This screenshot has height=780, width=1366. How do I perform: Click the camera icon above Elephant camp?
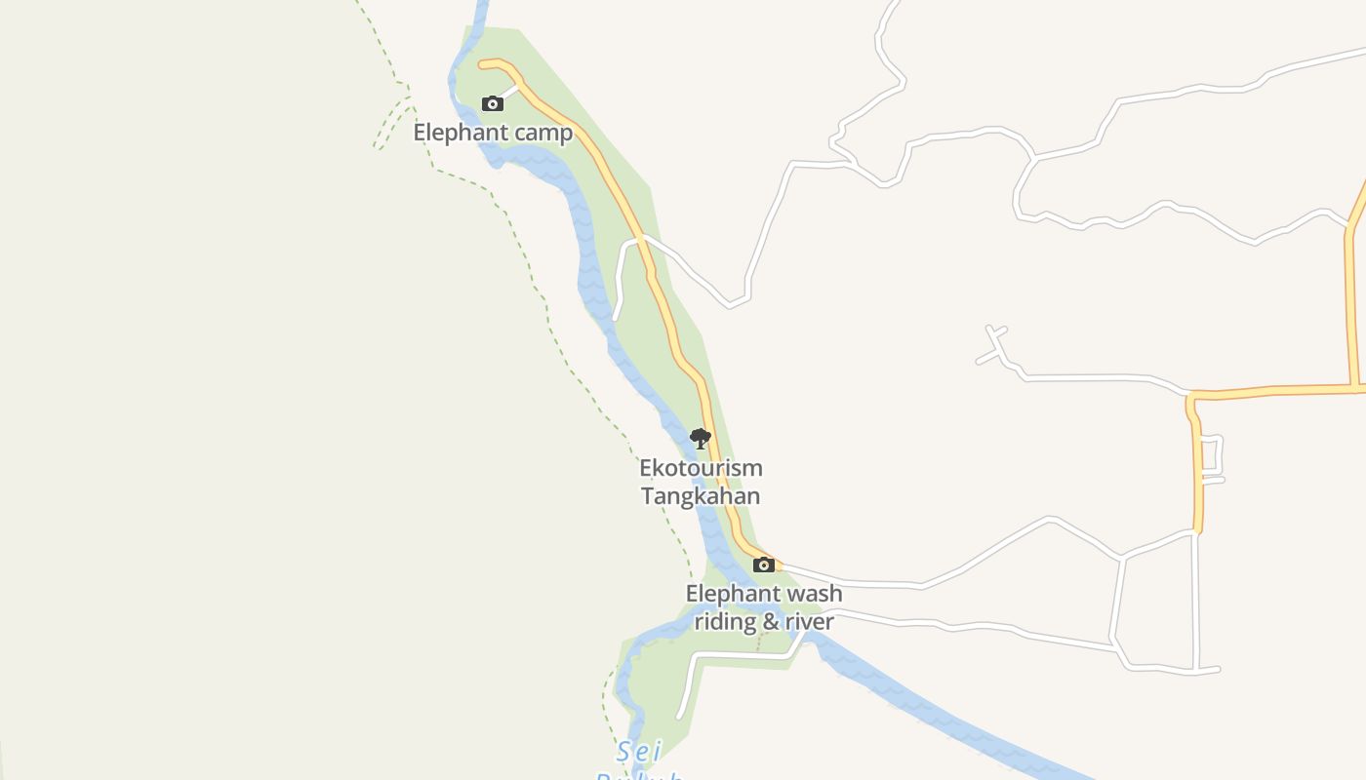(493, 103)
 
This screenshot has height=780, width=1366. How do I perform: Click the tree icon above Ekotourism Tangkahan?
(700, 439)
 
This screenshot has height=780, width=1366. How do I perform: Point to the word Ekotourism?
(701, 468)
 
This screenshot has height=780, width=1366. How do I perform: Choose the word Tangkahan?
(701, 495)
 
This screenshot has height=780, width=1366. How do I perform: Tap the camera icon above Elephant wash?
(764, 565)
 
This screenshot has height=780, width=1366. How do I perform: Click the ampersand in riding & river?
(770, 622)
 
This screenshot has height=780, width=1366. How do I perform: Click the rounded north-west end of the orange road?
(482, 64)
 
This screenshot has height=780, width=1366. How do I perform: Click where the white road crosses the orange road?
(641, 237)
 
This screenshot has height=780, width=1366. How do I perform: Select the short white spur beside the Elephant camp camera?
(509, 91)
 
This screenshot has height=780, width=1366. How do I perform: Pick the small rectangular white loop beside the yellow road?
(1211, 458)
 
